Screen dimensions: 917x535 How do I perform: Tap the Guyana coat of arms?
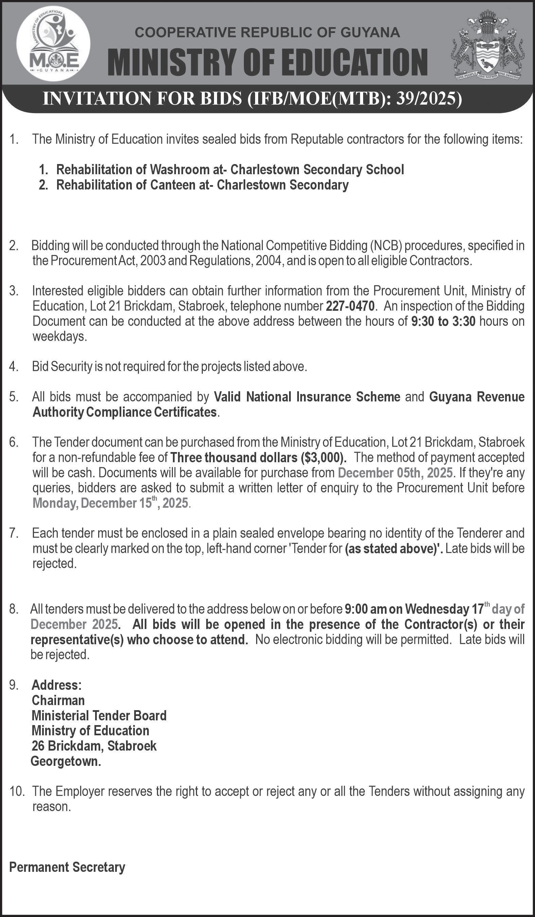coord(488,44)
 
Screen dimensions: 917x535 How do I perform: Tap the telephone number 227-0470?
coord(350,306)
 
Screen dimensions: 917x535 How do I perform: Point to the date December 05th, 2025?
coord(395,473)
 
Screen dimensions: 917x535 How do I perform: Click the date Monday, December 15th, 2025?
coord(110,503)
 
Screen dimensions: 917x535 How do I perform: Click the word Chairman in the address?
coord(58,700)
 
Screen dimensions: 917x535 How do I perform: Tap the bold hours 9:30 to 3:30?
coord(443,321)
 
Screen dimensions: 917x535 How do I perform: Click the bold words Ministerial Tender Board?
coord(99,715)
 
